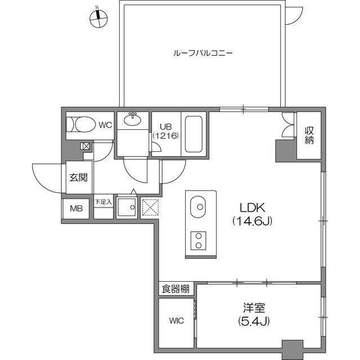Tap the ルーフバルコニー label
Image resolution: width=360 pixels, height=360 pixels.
point(203,54)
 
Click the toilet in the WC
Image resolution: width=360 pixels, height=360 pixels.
point(79,125)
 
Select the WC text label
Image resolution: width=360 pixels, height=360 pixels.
point(106,125)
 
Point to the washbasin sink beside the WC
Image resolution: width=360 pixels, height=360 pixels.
point(133,119)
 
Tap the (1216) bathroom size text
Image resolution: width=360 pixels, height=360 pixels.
point(165,136)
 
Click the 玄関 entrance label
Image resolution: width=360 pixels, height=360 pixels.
point(78,178)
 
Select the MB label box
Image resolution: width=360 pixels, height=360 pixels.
point(76,209)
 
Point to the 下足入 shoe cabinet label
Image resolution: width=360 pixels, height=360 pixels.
point(103,201)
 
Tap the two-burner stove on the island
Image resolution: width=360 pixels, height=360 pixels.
point(199,240)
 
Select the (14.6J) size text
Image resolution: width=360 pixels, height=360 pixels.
point(253,221)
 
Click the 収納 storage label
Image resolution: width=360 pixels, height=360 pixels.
point(309,136)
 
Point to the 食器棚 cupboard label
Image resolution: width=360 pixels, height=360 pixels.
point(175,290)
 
